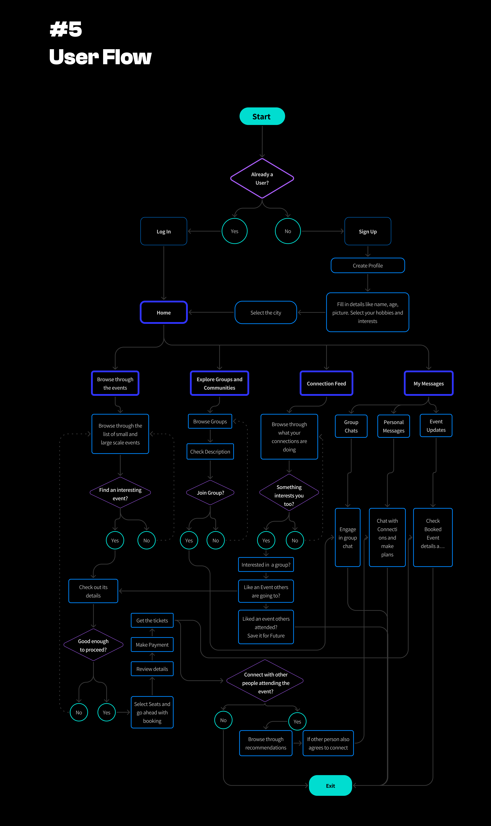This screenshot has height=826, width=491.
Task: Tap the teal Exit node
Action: pos(330,785)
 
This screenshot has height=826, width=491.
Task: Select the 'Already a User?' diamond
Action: pos(262,178)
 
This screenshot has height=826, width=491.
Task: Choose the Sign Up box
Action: pos(368,231)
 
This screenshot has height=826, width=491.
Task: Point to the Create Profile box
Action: pos(368,265)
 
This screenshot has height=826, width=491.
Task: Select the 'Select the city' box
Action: pos(266,313)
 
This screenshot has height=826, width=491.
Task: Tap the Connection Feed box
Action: pos(326,383)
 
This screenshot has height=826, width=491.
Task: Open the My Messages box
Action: pos(428,383)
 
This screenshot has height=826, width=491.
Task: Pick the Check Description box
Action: pos(210,452)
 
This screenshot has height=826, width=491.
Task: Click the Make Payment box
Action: pos(152,645)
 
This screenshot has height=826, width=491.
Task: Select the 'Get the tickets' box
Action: pos(152,620)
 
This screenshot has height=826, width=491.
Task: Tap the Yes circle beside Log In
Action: pos(234,231)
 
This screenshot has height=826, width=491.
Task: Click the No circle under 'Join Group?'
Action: pos(215,540)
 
